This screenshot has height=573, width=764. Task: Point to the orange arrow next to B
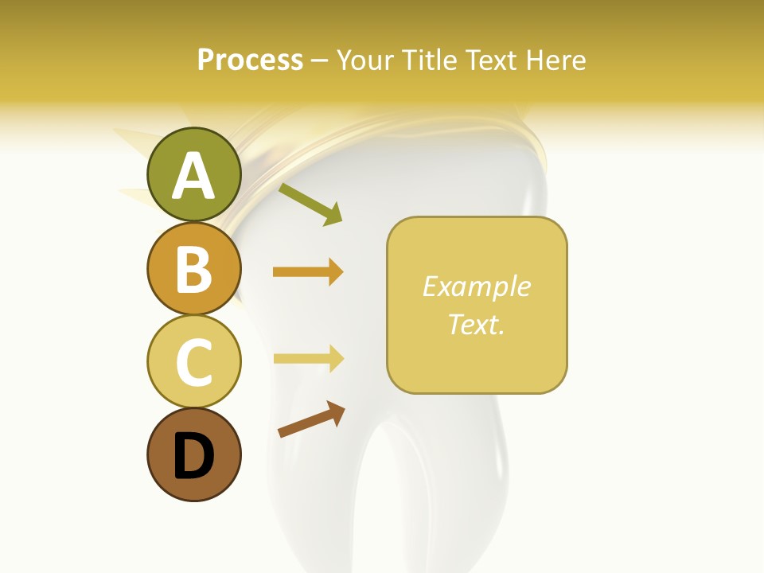308,272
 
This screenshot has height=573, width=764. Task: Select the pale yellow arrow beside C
308,358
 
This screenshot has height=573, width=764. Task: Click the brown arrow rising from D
311,419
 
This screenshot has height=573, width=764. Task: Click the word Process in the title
250,60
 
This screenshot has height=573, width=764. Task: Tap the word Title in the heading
431,60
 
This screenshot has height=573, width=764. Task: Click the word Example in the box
477,286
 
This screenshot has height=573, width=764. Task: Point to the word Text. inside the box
477,325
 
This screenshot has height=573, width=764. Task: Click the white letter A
194,176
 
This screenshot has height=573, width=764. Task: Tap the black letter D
194,457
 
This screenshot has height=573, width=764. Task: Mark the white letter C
194,363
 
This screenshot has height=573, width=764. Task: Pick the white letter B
194,270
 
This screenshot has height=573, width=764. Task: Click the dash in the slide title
320,60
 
